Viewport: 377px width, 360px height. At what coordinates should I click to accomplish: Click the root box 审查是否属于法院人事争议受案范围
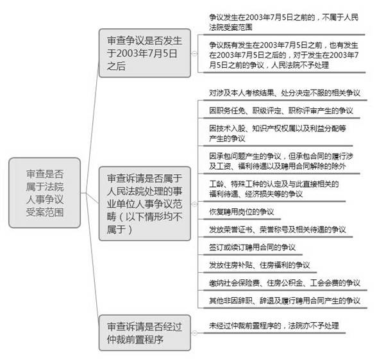(x=45, y=193)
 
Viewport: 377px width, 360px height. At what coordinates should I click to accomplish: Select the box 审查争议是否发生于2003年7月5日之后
(x=145, y=53)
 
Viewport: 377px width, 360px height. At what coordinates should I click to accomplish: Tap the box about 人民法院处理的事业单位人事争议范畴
(x=145, y=204)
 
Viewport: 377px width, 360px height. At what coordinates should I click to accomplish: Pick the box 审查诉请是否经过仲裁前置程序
(x=145, y=333)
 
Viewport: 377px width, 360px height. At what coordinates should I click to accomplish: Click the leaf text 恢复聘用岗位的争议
(x=241, y=212)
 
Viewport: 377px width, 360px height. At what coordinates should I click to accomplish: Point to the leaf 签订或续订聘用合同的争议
(x=252, y=247)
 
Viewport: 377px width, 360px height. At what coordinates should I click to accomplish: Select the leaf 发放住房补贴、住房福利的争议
(x=260, y=265)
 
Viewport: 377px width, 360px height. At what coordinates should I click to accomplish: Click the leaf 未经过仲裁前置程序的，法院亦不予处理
(x=274, y=325)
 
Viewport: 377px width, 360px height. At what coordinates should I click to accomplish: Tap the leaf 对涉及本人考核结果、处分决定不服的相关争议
(x=285, y=93)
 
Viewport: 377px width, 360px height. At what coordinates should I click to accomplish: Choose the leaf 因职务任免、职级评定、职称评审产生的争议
(x=281, y=111)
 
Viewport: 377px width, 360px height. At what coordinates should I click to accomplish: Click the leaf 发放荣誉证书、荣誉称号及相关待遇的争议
(x=278, y=229)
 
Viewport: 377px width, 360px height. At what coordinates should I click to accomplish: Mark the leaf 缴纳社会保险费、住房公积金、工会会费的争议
(x=285, y=282)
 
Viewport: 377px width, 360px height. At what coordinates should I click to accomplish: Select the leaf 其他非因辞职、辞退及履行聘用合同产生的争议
(x=285, y=300)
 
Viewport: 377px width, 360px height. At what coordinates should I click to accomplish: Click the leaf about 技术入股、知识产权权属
(x=278, y=133)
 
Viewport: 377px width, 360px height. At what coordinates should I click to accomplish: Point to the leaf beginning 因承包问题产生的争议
(x=281, y=161)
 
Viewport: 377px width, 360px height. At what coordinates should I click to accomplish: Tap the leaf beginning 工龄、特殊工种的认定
(x=274, y=189)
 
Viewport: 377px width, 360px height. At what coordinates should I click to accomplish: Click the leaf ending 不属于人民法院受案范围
(x=283, y=22)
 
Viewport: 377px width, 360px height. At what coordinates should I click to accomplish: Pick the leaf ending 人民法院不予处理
(x=283, y=54)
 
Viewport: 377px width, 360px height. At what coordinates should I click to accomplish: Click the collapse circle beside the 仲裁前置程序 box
(x=194, y=333)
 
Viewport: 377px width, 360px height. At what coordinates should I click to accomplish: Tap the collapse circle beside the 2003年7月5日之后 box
(x=194, y=54)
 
